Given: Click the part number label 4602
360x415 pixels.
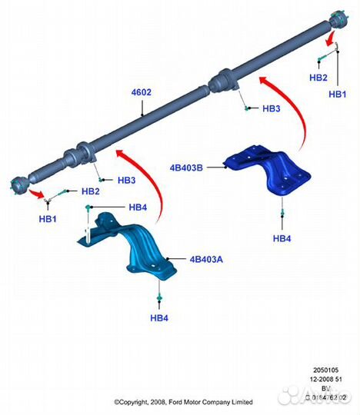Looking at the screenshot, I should click(x=141, y=93).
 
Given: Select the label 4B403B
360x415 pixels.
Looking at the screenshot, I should click(x=187, y=164).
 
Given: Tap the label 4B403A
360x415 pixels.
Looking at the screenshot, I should click(x=205, y=260).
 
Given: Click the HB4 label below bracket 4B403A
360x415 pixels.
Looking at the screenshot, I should click(x=159, y=317).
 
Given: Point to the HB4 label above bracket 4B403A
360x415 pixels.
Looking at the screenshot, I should click(x=138, y=207).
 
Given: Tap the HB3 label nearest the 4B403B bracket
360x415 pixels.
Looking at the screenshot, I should click(x=271, y=109).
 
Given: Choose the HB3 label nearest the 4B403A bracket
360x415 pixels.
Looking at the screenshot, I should click(x=127, y=181).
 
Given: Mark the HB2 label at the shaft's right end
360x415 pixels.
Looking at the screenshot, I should click(x=318, y=78).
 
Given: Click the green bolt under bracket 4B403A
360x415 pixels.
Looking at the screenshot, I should click(x=159, y=296).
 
